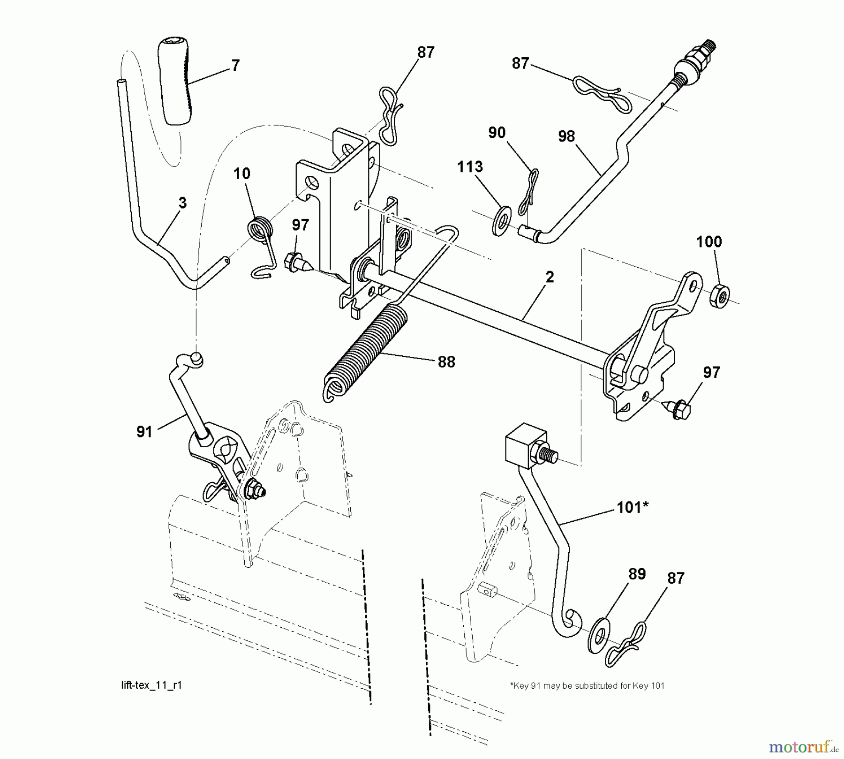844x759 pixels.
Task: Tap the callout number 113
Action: (470, 167)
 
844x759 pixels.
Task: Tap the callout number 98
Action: (566, 136)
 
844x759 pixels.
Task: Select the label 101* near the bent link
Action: (632, 507)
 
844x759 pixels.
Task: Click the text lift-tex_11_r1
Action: (151, 685)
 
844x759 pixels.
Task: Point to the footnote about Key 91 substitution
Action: (587, 685)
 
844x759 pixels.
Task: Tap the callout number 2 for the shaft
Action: (550, 277)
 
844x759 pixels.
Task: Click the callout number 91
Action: (144, 432)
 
